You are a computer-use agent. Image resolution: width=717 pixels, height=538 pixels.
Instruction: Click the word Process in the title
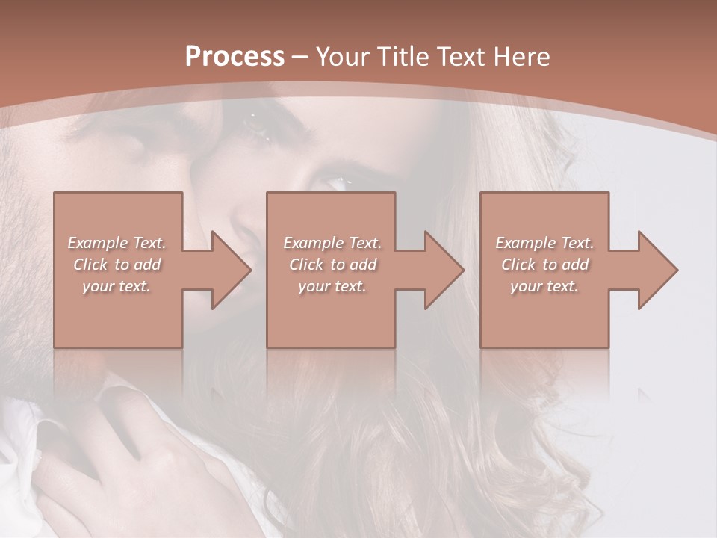pos(235,57)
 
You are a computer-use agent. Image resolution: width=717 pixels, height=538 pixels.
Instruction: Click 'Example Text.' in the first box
pos(117,243)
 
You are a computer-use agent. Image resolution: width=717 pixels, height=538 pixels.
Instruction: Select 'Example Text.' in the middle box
pos(332,243)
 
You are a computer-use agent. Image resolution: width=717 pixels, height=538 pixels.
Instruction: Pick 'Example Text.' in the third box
pos(544,243)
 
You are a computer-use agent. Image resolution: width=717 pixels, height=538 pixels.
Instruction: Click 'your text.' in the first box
pos(117,286)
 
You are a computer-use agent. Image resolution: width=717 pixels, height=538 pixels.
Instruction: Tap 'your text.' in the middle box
pos(332,286)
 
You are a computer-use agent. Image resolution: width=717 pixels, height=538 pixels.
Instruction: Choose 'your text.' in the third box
pos(544,286)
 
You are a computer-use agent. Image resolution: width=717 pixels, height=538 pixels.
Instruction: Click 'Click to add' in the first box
pos(117,265)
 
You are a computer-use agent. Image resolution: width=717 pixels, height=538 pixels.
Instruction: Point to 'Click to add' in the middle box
pos(332,265)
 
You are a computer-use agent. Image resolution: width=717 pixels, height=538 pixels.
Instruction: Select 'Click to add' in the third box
pos(544,265)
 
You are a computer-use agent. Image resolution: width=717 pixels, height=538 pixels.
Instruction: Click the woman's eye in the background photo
pos(338,182)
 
